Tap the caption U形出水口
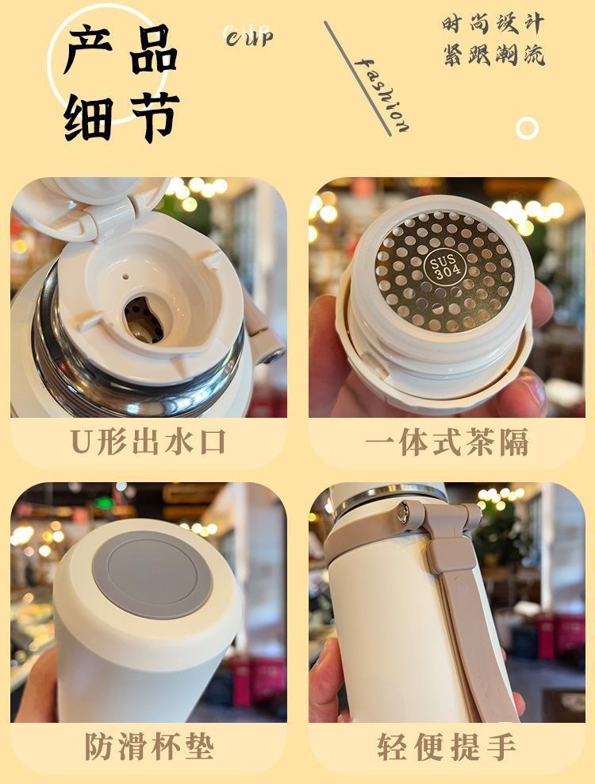coord(148,442)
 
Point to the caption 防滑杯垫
coord(149,747)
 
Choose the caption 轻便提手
coord(447,747)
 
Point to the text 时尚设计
coord(493,24)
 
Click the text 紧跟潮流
coord(493,55)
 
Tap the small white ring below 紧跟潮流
coord(527,128)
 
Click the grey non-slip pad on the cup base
coord(152,574)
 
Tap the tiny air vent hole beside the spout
coord(125,276)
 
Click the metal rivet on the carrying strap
coord(403,513)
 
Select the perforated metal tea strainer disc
coord(443,272)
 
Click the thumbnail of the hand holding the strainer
coord(447,298)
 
